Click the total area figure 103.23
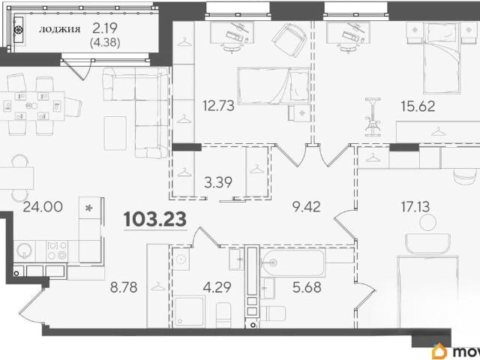coord(155,219)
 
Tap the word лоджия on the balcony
coord(60,29)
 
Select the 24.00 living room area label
coord(43,207)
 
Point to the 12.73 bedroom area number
coord(218,106)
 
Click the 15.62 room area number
coord(418,106)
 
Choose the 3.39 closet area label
coord(218,182)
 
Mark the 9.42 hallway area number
coord(307,207)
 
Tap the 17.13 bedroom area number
coord(415,206)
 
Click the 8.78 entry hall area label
coord(124,287)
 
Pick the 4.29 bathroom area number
coord(217,287)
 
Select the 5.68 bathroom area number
coord(307,287)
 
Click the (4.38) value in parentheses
coord(105,42)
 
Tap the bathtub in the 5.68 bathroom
coord(292,262)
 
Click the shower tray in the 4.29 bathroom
coord(190,311)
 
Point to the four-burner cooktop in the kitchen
coord(57,250)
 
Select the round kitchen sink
coord(24,250)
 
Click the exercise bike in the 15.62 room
coord(373,117)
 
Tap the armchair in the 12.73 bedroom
coord(289,40)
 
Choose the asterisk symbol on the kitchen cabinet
coord(88,208)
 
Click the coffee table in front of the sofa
coord(115,133)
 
